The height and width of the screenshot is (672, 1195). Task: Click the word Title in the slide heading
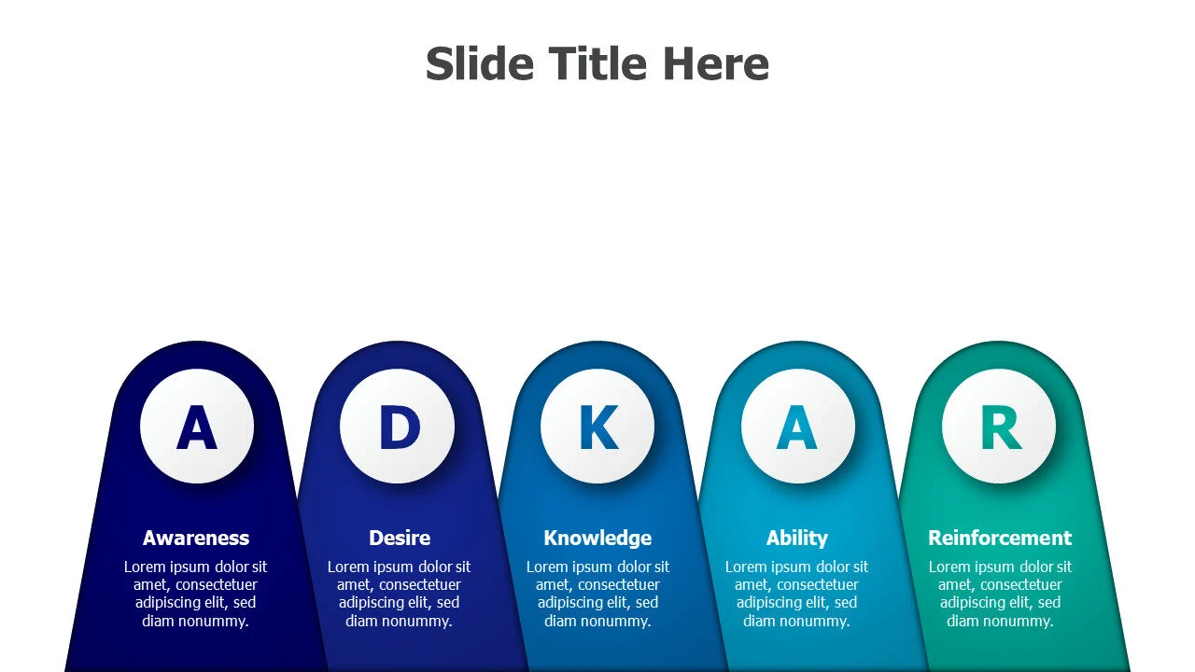click(597, 63)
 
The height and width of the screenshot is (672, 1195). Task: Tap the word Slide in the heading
click(480, 63)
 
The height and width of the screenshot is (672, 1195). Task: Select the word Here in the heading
click(716, 63)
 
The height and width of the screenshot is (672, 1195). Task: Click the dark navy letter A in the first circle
click(197, 427)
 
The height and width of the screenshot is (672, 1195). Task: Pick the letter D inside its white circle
click(400, 427)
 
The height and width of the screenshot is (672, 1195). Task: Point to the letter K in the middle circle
click(599, 427)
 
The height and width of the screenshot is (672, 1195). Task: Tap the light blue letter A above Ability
click(796, 427)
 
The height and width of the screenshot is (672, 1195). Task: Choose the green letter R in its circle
click(1002, 427)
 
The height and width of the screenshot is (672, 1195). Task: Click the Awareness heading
click(196, 538)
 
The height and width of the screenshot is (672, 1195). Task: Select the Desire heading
click(400, 538)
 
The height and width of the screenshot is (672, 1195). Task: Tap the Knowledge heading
click(597, 539)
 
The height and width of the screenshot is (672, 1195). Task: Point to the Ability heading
click(797, 539)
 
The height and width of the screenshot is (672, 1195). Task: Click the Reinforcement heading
click(1000, 538)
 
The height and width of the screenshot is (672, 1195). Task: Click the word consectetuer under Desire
click(420, 584)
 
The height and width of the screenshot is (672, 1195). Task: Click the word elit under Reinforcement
click(1024, 603)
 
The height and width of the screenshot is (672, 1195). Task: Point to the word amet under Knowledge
click(552, 585)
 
